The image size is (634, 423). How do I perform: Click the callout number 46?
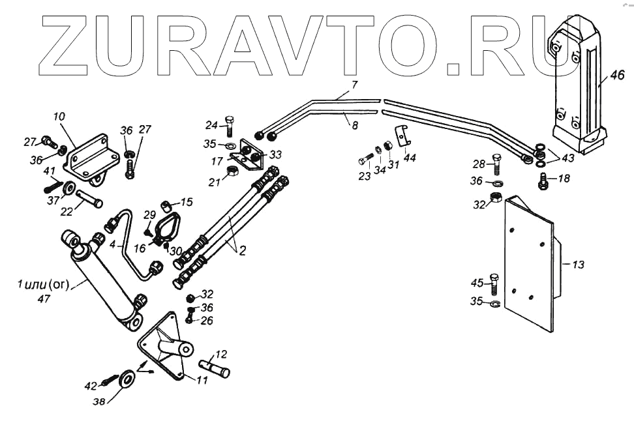tap(617, 76)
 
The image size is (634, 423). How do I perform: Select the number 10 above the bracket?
tap(59, 117)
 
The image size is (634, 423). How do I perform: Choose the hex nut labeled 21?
tap(230, 172)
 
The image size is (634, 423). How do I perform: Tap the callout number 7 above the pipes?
tap(354, 85)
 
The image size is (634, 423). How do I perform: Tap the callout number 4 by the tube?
tap(113, 245)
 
